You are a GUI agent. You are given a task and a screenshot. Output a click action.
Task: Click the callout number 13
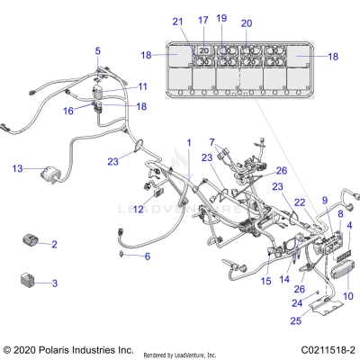17,168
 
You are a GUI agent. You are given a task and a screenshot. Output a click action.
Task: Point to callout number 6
148,256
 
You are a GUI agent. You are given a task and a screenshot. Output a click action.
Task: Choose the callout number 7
212,143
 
